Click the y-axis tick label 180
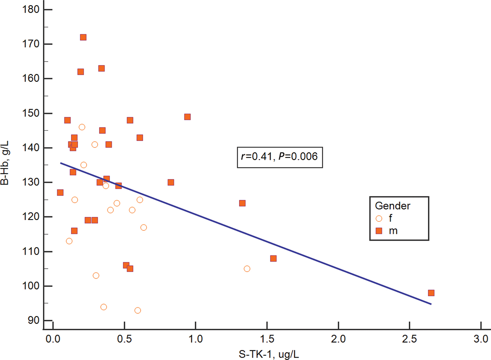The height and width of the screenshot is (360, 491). [30, 9]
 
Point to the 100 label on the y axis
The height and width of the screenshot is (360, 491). [30, 286]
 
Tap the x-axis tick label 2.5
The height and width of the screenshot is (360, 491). [409, 339]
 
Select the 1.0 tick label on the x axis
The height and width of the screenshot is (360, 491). [195, 339]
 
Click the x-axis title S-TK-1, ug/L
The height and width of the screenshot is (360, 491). [269, 354]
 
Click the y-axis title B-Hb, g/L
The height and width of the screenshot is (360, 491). [5, 163]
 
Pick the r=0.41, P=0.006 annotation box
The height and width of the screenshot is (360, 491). [280, 157]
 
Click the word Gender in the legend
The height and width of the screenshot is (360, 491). [392, 206]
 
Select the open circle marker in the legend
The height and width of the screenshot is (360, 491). [379, 219]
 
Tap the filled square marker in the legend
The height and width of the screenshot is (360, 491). [379, 231]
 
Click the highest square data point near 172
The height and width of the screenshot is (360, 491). [83, 37]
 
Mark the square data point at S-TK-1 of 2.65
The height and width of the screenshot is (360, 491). [431, 293]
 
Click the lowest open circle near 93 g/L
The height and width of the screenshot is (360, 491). [138, 310]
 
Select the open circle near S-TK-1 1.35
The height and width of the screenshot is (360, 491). [247, 269]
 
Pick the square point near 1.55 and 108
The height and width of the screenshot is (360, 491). [273, 258]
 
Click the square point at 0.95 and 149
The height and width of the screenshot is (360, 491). [187, 117]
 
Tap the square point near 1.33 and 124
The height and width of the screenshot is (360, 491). [242, 203]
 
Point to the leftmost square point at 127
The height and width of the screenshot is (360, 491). [60, 193]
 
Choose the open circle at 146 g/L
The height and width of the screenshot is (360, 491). [82, 127]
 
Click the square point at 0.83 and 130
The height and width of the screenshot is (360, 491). [171, 182]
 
